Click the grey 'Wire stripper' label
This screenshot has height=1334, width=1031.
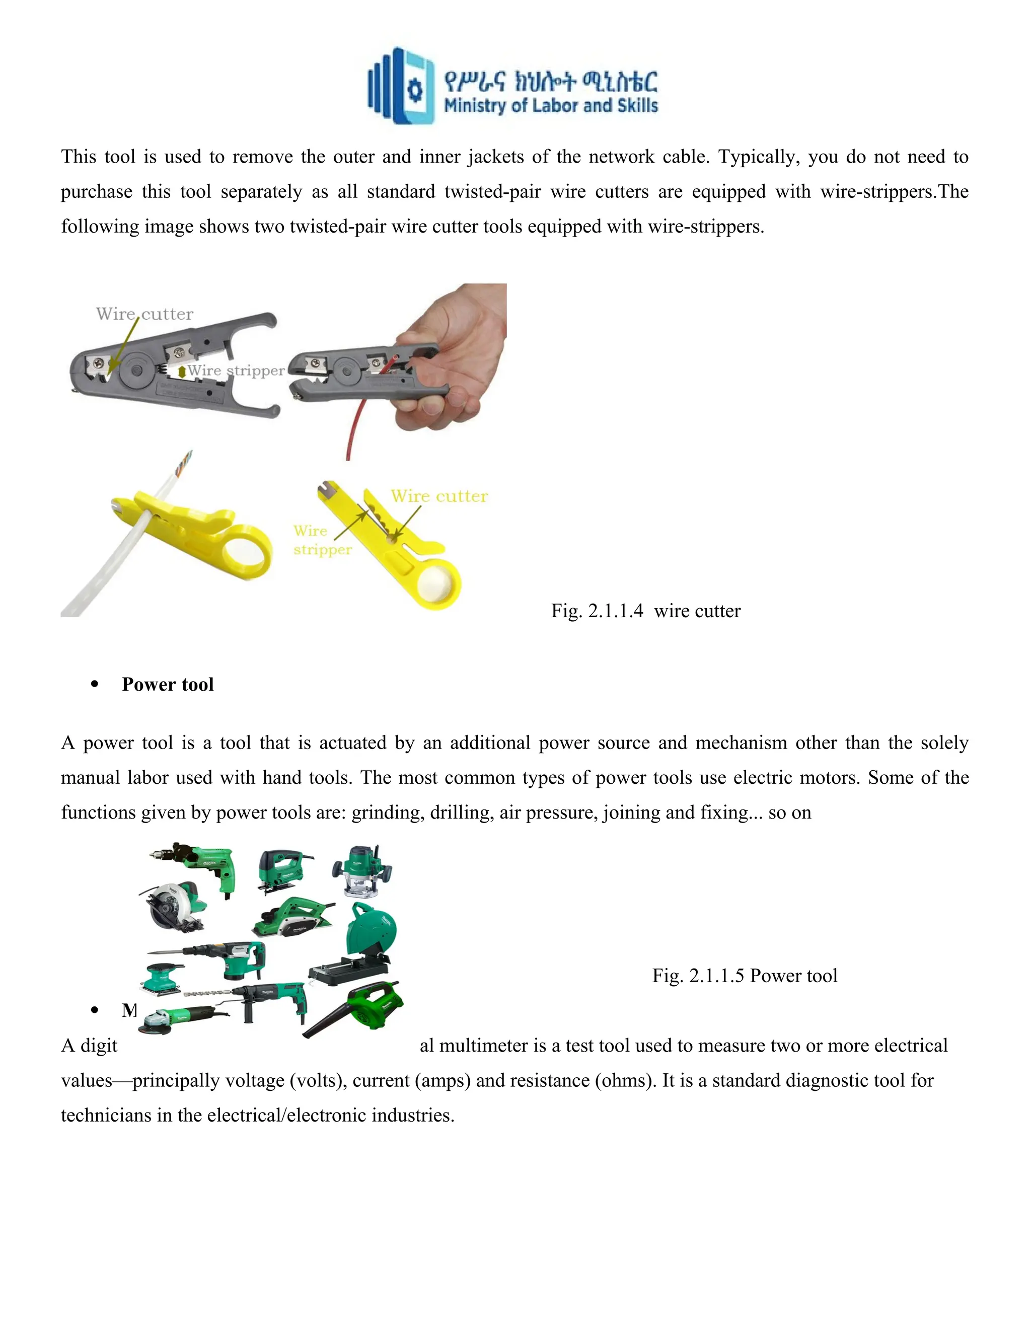point(236,371)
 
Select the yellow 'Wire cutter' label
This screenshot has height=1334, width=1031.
point(439,496)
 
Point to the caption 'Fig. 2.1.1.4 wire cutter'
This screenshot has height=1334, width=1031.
point(645,611)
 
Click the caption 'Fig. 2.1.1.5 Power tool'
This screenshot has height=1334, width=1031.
point(745,976)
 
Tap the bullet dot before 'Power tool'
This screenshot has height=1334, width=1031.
point(94,685)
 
